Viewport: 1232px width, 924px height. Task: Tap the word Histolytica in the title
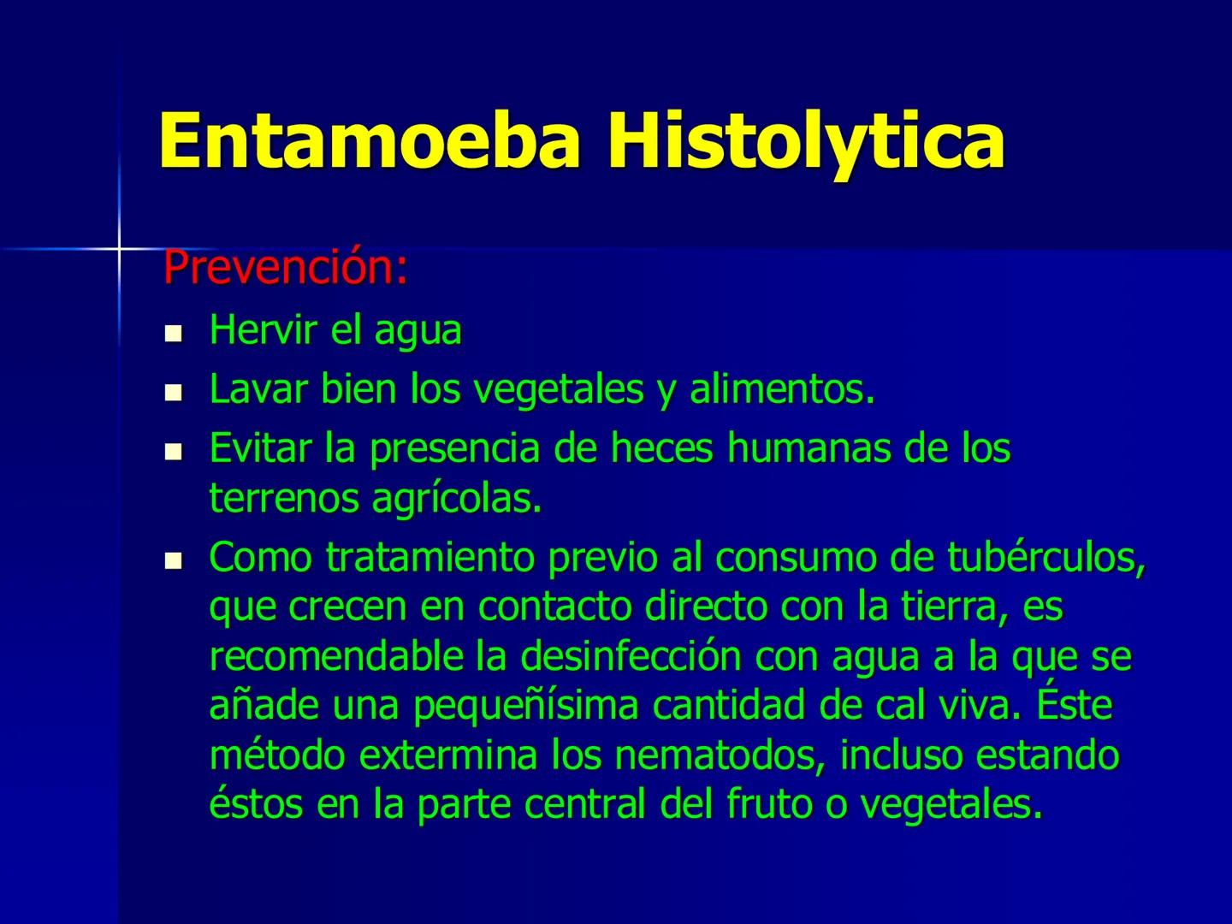pos(806,141)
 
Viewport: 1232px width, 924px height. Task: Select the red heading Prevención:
pos(285,268)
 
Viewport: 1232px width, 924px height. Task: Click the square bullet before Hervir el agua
pos(175,333)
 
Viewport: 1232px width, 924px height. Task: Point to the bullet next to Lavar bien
pos(175,393)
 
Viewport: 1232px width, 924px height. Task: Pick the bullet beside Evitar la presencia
pos(175,452)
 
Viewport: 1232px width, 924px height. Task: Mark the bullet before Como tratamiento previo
pos(175,561)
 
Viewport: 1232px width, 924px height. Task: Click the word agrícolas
pos(457,499)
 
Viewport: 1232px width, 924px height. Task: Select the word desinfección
pos(631,657)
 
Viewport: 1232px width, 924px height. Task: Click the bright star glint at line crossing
pos(119,249)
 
